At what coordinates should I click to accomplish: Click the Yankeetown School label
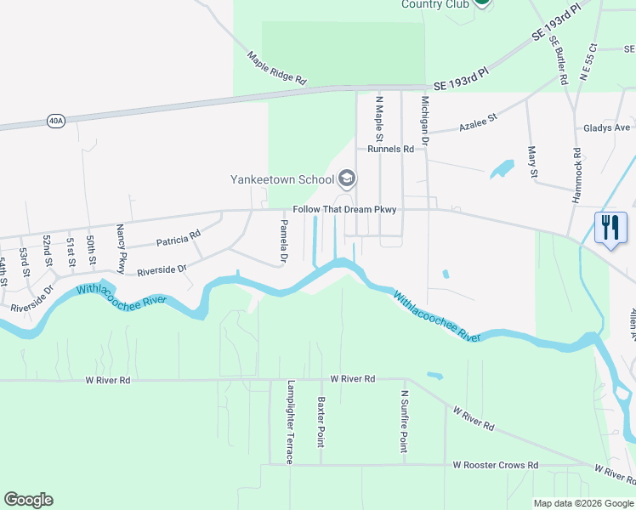click(282, 179)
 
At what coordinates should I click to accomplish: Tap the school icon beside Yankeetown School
click(347, 178)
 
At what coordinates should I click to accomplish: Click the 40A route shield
click(56, 121)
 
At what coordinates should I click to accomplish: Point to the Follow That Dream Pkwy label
click(344, 209)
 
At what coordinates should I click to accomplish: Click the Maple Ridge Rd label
click(276, 68)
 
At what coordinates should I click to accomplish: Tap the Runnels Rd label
click(390, 149)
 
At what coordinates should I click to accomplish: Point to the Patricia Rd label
click(178, 239)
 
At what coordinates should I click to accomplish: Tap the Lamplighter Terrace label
click(290, 422)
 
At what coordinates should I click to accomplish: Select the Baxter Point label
click(321, 422)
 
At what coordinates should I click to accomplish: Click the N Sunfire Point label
click(404, 422)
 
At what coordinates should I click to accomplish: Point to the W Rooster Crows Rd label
click(496, 465)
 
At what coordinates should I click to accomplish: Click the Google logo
click(28, 500)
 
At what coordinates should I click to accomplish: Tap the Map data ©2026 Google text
click(582, 503)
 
